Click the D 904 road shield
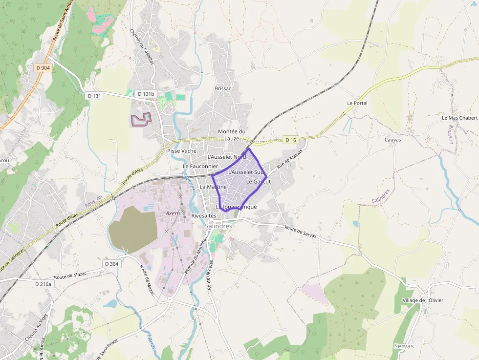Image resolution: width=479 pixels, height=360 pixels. (x=43, y=68)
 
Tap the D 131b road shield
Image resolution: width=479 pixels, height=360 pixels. (x=146, y=94)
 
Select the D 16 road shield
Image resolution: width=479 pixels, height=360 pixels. (x=291, y=140)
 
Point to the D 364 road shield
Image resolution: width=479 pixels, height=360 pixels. (x=111, y=264)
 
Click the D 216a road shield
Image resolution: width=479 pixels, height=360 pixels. (x=44, y=284)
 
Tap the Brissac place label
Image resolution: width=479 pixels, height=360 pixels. (x=222, y=88)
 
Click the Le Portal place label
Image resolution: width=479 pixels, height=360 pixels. (x=357, y=103)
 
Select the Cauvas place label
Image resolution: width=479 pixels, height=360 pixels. (x=392, y=140)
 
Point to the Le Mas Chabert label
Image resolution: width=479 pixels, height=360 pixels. (x=459, y=118)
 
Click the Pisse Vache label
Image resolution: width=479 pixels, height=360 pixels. (x=182, y=151)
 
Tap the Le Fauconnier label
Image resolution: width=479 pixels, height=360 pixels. (x=200, y=167)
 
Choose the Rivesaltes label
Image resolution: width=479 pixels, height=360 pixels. (x=204, y=215)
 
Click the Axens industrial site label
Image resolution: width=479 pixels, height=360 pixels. (x=173, y=213)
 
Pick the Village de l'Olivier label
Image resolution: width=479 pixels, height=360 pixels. (x=423, y=300)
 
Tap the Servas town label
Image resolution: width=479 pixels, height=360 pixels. (x=404, y=346)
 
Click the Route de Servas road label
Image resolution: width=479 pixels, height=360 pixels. (x=300, y=232)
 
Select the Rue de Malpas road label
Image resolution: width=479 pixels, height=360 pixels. (x=290, y=159)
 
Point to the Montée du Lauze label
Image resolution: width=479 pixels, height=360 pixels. (x=232, y=135)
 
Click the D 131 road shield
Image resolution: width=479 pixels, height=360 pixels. (x=94, y=96)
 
